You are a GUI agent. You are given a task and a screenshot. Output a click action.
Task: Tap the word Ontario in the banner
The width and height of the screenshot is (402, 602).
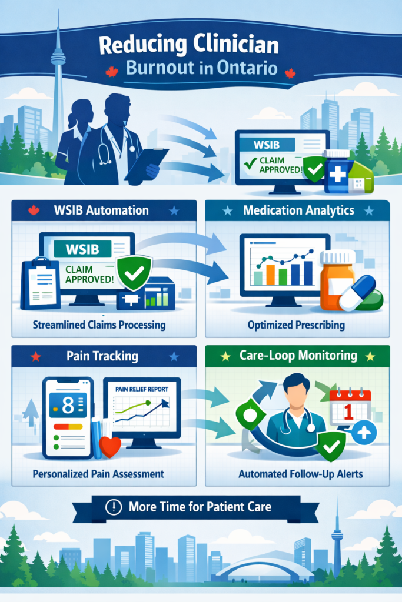[247, 68]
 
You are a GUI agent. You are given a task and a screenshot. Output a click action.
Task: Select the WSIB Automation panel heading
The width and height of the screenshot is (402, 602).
[101, 210]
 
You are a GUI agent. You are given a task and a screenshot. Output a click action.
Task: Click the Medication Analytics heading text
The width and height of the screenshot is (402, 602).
[298, 210]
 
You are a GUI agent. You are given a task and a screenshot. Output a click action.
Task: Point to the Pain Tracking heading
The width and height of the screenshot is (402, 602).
[102, 356]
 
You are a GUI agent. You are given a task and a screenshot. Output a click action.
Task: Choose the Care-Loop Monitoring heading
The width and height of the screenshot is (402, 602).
[298, 356]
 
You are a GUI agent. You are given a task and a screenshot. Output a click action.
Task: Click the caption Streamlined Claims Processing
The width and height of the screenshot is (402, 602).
[99, 325]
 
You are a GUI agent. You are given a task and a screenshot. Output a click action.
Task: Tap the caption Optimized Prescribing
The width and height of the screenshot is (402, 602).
[296, 325]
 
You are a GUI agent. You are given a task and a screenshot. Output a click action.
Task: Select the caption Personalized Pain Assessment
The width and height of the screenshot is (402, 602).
[98, 474]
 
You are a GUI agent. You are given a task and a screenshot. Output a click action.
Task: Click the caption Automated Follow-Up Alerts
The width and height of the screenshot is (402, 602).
[301, 474]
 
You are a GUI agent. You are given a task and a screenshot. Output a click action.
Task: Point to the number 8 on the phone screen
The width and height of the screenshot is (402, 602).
[68, 405]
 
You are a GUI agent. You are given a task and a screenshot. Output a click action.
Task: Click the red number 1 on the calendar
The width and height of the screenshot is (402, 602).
[348, 412]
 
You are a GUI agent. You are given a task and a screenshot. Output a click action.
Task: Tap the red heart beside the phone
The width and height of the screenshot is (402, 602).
[110, 447]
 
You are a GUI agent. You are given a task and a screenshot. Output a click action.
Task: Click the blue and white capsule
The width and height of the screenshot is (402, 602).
[358, 293]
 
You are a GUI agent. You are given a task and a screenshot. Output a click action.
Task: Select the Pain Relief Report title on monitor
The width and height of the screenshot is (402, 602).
[142, 389]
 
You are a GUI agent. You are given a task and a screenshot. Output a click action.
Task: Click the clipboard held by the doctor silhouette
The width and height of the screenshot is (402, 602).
[146, 164]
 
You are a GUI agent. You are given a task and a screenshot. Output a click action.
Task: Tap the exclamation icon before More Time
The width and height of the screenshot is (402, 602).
[114, 507]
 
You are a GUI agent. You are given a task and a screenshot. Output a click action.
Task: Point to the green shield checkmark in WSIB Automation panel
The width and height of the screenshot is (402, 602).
[134, 272]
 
